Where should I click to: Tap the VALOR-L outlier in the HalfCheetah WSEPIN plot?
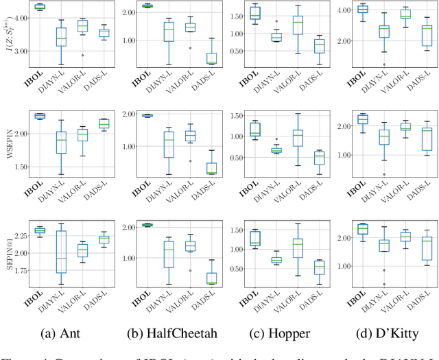coord(190,161)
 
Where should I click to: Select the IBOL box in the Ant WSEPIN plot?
coord(40,116)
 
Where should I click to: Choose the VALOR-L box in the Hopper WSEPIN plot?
coord(298,139)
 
